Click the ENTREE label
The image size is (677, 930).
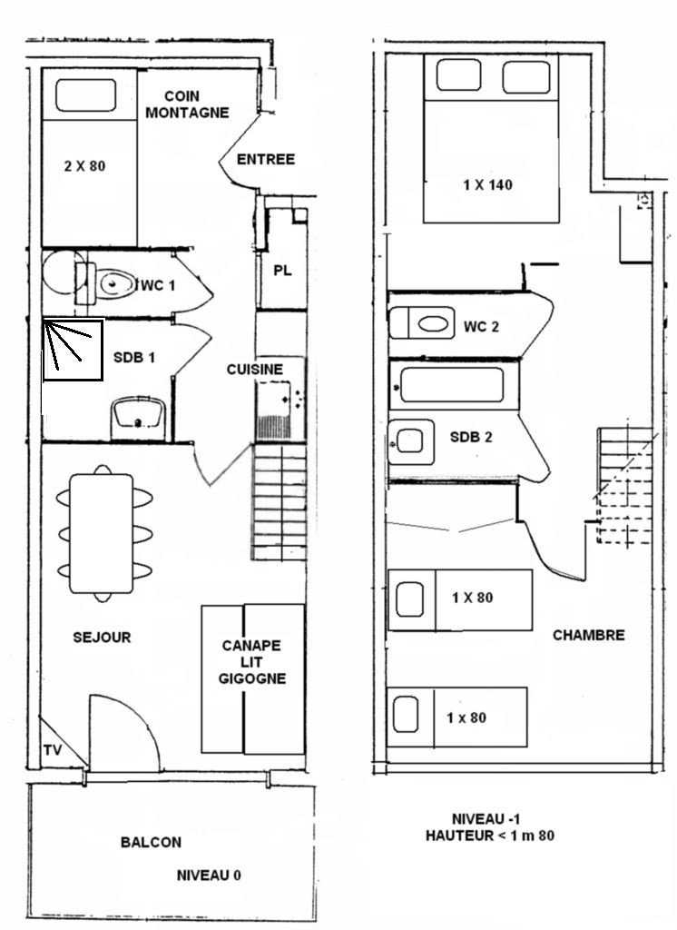click(266, 159)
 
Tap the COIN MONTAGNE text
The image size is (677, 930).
click(187, 104)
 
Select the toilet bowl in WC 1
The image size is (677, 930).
click(116, 284)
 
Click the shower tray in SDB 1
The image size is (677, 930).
click(73, 350)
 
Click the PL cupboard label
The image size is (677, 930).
click(282, 271)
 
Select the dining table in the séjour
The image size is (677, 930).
click(101, 533)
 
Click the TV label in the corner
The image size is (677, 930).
click(52, 750)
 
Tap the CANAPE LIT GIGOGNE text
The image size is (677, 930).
click(252, 662)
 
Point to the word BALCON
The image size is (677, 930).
click(151, 842)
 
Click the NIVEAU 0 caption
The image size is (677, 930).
click(209, 875)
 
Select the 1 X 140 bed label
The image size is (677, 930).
click(487, 184)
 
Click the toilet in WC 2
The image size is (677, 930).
click(422, 323)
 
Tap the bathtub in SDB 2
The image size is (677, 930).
click(454, 385)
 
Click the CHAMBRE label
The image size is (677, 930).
click(589, 635)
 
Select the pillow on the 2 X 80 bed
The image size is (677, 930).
click(86, 94)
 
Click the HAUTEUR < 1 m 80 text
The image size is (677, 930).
click(490, 836)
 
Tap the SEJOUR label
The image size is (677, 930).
click(102, 637)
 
